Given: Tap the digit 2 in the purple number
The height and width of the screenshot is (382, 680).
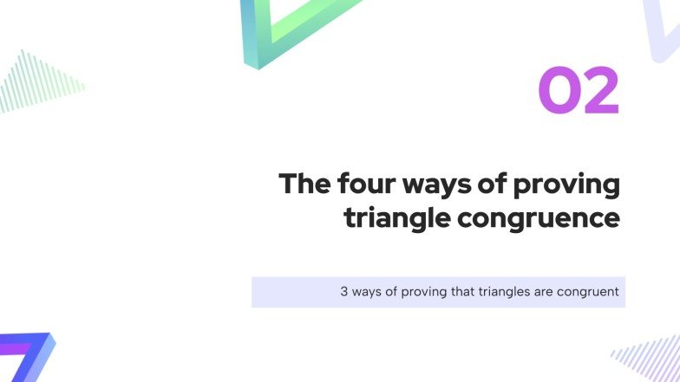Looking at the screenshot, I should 600,91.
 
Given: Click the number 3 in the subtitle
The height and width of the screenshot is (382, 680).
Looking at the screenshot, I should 344,292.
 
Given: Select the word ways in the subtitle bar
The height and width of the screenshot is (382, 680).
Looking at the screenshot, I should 367,293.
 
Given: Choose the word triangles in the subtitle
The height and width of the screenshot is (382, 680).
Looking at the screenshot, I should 506,293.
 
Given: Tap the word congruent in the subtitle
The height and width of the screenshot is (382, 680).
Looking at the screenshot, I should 590,293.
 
